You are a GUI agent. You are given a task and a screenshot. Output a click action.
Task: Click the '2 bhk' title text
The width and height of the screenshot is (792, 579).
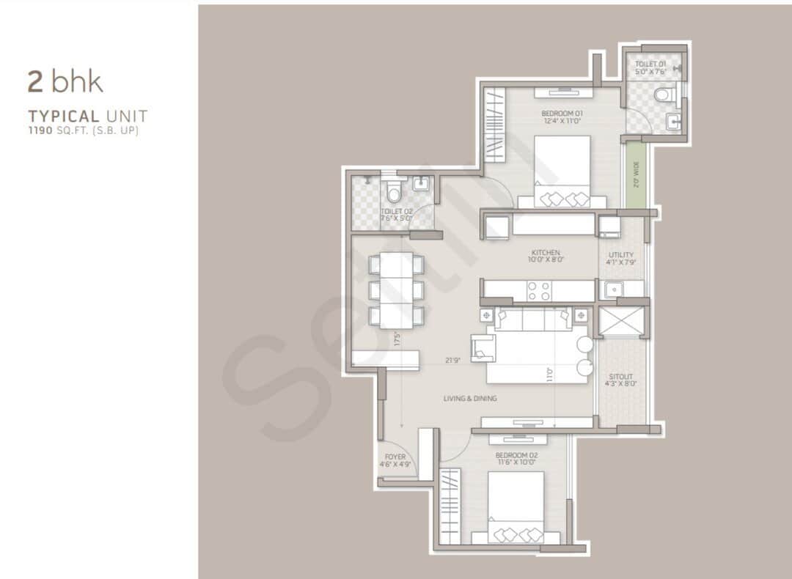(65, 81)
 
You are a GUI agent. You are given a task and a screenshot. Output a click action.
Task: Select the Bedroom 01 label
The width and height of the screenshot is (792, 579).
(562, 117)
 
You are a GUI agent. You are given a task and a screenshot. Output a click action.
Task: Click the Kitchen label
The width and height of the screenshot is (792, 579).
(546, 256)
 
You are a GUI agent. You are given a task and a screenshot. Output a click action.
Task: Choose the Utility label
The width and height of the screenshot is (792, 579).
(621, 258)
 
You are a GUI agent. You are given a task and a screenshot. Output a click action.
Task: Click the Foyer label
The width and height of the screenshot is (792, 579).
(395, 460)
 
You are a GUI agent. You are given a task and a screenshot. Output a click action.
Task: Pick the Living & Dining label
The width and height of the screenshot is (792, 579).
(470, 399)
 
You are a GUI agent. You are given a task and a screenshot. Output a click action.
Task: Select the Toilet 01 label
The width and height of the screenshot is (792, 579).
(650, 69)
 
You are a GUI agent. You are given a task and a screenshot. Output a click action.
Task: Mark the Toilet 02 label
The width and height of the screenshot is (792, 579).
(397, 214)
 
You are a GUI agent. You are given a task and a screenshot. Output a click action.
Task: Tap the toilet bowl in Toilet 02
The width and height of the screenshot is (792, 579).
(394, 192)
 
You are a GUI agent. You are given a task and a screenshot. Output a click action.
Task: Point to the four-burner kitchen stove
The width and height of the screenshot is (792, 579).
(540, 291)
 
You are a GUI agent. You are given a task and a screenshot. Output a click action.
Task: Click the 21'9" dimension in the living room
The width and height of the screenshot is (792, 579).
(452, 360)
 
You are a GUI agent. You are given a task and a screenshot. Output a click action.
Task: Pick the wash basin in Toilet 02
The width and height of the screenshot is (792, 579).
(421, 185)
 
